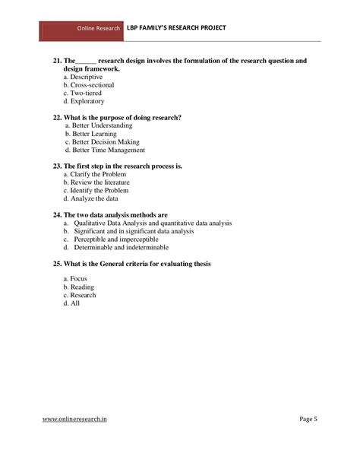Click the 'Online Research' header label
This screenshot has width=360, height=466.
99,28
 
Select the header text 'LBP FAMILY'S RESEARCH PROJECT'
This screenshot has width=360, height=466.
176,28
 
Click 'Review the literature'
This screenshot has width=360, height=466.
99,182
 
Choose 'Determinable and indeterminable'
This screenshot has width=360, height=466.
121,247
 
